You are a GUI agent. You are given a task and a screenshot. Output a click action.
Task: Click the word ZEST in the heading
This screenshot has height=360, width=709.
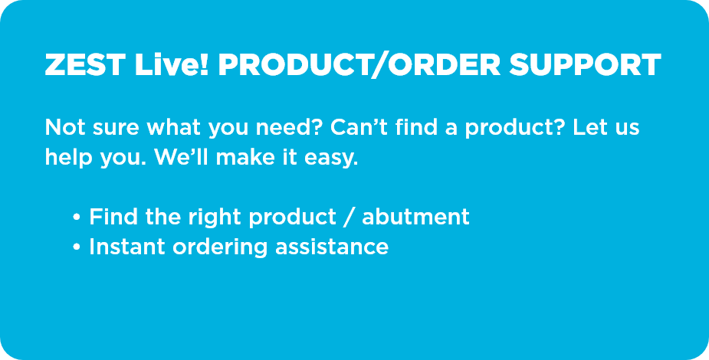click(x=84, y=65)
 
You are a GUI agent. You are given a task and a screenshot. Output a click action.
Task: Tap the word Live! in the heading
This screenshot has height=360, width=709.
click(x=172, y=65)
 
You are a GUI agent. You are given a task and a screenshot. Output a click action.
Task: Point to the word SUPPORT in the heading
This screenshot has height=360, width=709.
click(x=585, y=65)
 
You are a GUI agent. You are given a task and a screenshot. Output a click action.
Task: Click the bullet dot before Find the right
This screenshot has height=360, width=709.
click(x=77, y=218)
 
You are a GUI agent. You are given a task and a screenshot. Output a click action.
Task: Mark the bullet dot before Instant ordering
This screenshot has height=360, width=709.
click(x=77, y=247)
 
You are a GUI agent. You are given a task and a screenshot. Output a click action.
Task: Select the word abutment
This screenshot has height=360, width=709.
click(x=415, y=217)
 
